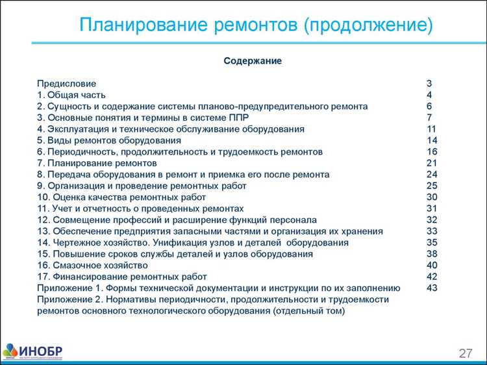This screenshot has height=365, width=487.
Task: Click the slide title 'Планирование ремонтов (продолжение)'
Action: (255, 25)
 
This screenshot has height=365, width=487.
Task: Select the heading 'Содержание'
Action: (253, 60)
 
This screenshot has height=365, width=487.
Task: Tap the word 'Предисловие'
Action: (66, 84)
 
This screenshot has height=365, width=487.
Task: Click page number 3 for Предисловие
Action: (429, 84)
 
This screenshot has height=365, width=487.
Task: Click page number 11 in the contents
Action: (431, 129)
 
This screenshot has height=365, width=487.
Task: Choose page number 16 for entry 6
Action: (432, 151)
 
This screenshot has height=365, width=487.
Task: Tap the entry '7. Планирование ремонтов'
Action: (97, 163)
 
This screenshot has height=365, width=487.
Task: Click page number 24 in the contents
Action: (432, 175)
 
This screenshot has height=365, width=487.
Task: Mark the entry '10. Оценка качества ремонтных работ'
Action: (121, 197)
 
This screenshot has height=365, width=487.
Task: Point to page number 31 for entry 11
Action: (432, 208)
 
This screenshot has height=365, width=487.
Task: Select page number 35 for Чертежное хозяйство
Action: (432, 242)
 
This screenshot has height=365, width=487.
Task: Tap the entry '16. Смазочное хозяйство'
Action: (92, 265)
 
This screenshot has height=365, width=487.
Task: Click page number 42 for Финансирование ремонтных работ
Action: (432, 277)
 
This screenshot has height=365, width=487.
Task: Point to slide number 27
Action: (466, 353)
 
